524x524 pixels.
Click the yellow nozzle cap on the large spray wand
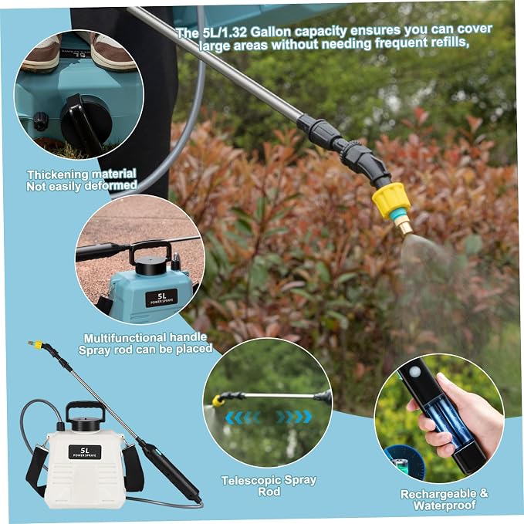tap(391, 200)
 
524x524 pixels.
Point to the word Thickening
tap(58, 174)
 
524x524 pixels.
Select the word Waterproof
tap(445, 505)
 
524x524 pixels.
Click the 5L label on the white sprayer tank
tap(85, 451)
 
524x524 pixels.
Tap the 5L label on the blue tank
tap(161, 298)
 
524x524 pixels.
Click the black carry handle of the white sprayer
tap(85, 410)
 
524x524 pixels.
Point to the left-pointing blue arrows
tap(242, 418)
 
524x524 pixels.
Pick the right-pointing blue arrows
tap(294, 417)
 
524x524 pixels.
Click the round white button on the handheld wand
tap(415, 372)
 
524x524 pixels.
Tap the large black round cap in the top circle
tap(86, 122)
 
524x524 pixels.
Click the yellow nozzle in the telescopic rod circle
tap(218, 401)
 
